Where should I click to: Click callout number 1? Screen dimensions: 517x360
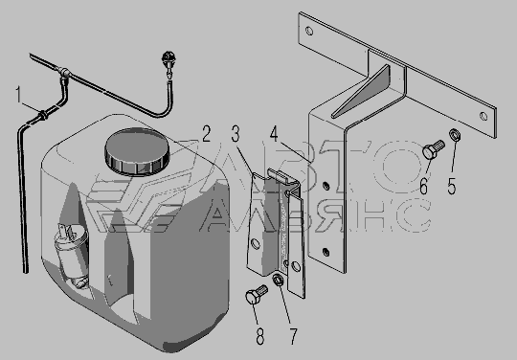click(x=19, y=95)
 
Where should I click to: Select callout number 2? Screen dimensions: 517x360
click(x=206, y=134)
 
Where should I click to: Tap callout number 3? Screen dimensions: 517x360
click(x=236, y=134)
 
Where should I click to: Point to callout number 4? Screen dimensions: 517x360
click(x=274, y=134)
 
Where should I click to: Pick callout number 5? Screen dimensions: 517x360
click(x=452, y=186)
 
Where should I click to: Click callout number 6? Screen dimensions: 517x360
click(x=424, y=186)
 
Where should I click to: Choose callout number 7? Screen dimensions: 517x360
click(x=293, y=336)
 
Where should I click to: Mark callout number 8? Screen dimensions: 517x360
click(x=260, y=336)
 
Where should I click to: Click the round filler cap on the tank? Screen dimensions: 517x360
click(x=137, y=151)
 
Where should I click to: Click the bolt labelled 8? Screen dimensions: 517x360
click(x=257, y=294)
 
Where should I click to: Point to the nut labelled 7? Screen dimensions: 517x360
click(x=279, y=281)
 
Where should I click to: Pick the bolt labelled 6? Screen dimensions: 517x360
click(x=434, y=149)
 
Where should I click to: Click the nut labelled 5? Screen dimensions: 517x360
click(x=455, y=135)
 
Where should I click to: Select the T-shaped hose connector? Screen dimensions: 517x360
click(x=64, y=73)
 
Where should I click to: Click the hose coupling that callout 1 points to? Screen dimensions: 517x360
click(x=44, y=116)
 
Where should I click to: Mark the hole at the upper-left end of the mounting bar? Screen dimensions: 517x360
click(x=309, y=32)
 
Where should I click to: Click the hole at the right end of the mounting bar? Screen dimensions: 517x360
click(x=483, y=117)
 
